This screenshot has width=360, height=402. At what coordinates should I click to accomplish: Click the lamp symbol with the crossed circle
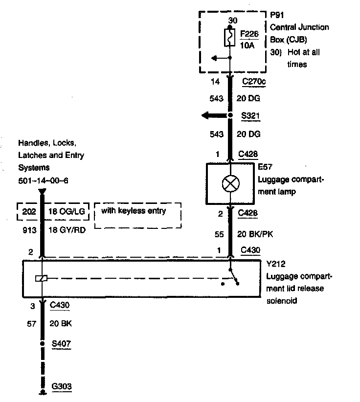click(230, 184)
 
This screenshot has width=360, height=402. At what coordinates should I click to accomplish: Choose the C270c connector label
click(253, 82)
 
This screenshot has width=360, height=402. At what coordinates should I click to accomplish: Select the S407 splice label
click(61, 344)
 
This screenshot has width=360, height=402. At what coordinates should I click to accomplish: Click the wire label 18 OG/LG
click(67, 212)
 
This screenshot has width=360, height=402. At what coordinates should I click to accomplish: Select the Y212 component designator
click(274, 265)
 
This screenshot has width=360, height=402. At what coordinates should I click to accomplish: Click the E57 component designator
click(263, 167)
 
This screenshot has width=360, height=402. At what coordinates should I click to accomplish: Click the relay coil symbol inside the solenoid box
click(42, 279)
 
